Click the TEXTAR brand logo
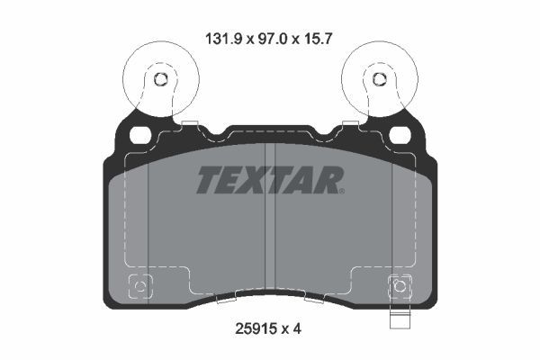[x=270, y=181]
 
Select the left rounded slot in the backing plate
[x=140, y=136]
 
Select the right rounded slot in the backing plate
[x=400, y=136]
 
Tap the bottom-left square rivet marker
[x=140, y=288]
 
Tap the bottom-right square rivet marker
[x=399, y=288]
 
